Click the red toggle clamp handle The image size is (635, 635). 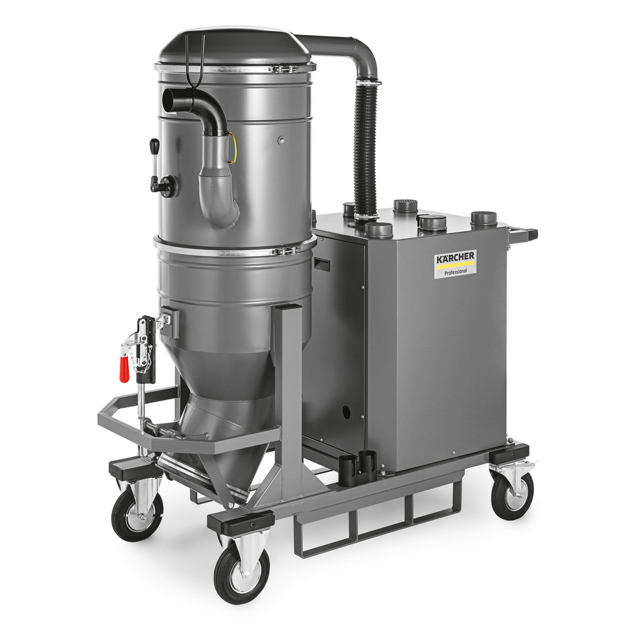click(124, 369)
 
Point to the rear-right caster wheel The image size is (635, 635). click(512, 496)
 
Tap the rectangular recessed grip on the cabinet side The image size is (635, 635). click(322, 264)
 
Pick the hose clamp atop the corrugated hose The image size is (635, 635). click(367, 83)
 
